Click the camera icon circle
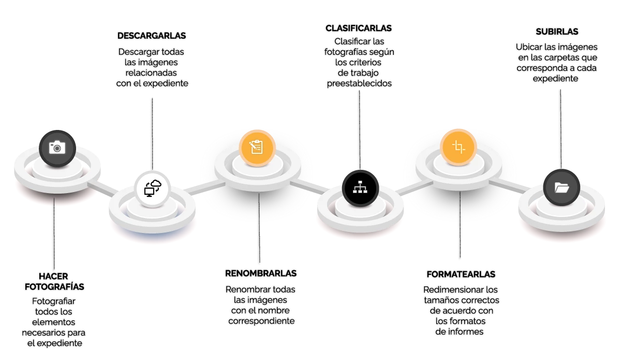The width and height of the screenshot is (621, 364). pos(57,149)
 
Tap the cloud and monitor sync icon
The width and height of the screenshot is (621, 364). pos(152,188)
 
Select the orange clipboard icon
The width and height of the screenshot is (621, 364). pos(257,148)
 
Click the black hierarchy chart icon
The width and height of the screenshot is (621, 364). pos(360,188)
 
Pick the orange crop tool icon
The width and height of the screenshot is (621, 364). pos(459,147)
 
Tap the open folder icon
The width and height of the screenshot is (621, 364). pos(561,187)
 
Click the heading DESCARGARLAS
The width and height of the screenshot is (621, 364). pos(152,36)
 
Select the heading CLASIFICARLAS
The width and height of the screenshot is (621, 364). pos(359,28)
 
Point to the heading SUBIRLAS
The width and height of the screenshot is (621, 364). pos(557,32)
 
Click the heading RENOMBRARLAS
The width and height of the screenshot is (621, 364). pos(261,273)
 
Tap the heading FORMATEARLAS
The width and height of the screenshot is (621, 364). pos(461,274)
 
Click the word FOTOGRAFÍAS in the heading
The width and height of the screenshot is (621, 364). pos(54,287)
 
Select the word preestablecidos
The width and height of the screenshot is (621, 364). pos(359,83)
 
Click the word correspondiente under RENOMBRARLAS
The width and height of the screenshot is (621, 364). pos(261,321)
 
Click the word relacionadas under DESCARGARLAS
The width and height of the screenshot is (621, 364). pos(151,73)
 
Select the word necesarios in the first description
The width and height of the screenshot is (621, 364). pos(42,332)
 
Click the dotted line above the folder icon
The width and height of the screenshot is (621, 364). pos(561,129)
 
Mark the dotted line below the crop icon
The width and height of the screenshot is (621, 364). pos(460,224)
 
